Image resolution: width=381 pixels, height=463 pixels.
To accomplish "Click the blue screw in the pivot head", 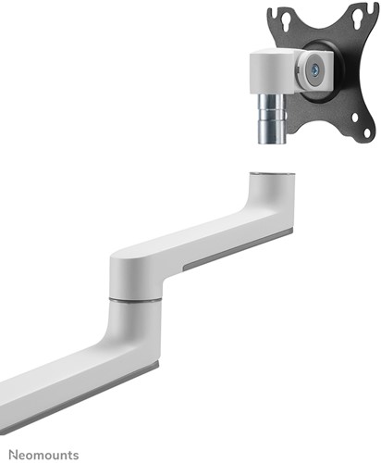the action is (x=314, y=70).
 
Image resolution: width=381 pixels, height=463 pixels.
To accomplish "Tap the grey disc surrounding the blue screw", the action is (x=314, y=70).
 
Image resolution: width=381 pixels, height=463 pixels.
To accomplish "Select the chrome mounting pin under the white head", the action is (x=272, y=119).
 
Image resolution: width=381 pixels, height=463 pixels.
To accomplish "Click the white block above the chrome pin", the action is (x=271, y=72).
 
